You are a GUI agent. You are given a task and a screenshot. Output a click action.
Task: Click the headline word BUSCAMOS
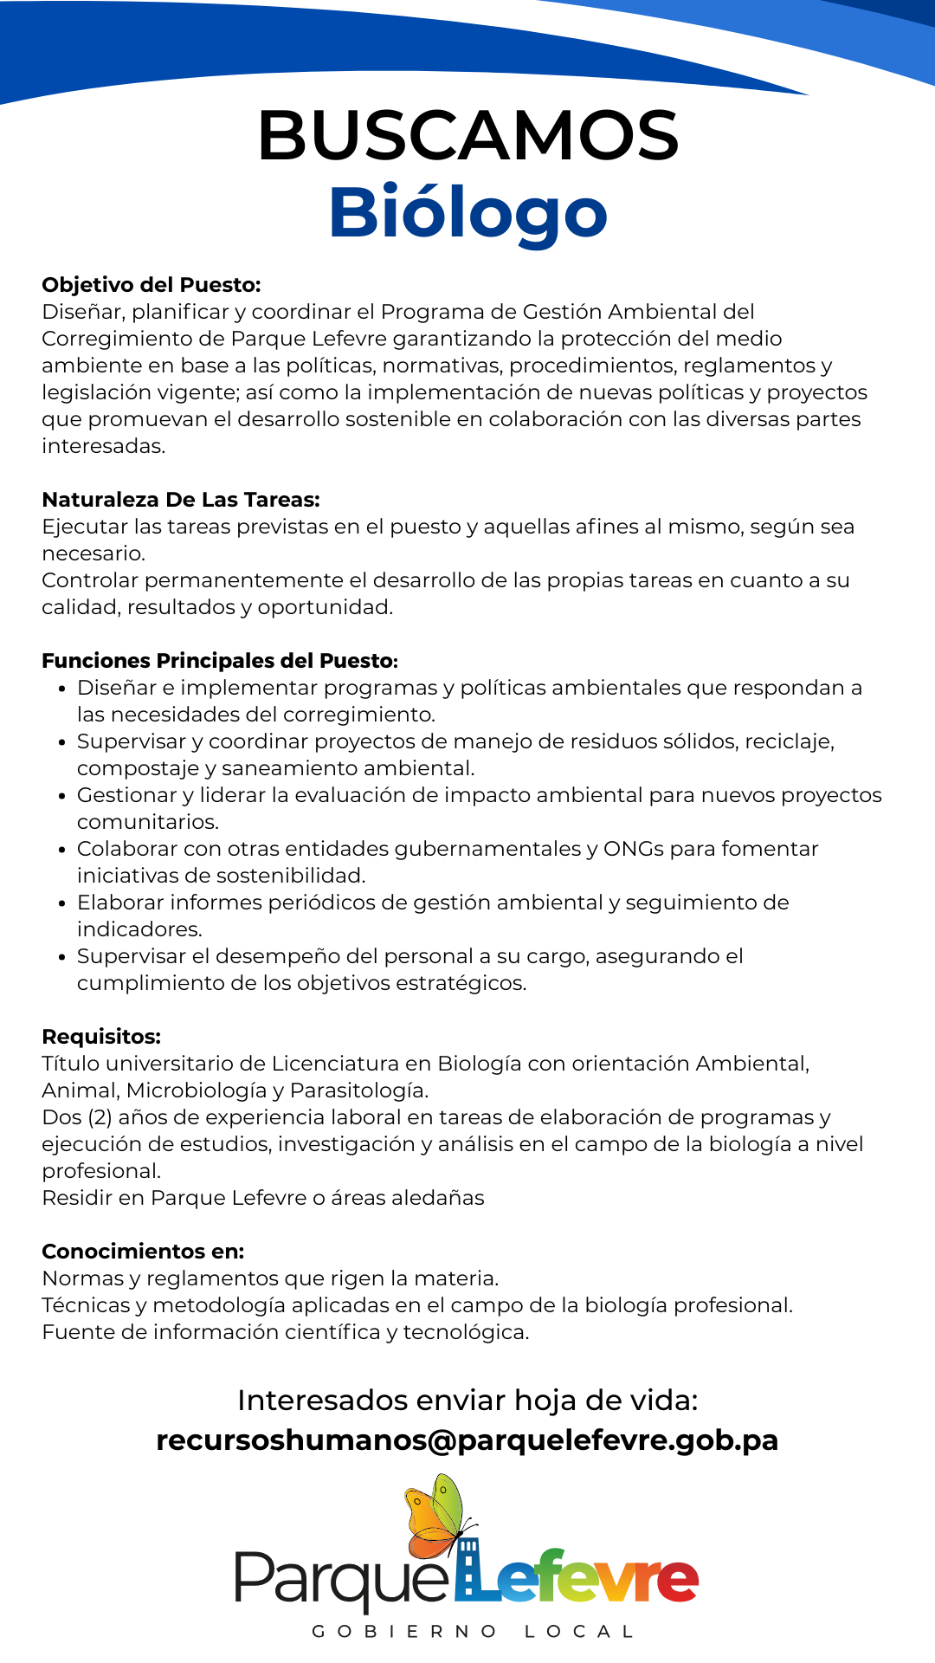coord(467,136)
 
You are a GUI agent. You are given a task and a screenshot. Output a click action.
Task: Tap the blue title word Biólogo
coord(467,213)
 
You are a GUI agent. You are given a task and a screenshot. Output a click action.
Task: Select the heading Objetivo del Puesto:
coord(152,285)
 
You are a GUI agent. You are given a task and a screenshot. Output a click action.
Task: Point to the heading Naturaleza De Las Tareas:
coord(181,500)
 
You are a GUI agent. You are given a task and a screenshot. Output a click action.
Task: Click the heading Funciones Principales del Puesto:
coord(220,661)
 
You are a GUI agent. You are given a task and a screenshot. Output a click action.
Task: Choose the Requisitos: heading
coord(101,1037)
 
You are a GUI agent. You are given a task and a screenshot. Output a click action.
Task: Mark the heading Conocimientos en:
coord(143,1252)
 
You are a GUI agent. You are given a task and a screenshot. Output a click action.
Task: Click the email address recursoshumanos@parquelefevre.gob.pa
coord(467,1440)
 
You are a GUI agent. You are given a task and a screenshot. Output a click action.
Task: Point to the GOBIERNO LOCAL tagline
coord(474,1632)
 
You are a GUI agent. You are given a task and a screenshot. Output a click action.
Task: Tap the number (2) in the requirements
coord(100,1117)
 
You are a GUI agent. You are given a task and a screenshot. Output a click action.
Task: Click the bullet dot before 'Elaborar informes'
coord(61,904)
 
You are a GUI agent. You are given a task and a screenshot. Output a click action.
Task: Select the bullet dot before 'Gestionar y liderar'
coord(61,797)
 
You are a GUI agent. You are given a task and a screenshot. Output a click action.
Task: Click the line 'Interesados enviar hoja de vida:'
coord(467,1401)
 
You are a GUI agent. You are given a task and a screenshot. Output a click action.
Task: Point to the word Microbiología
coord(204,1090)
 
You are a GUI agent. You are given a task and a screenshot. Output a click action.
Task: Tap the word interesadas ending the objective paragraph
coord(102,446)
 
